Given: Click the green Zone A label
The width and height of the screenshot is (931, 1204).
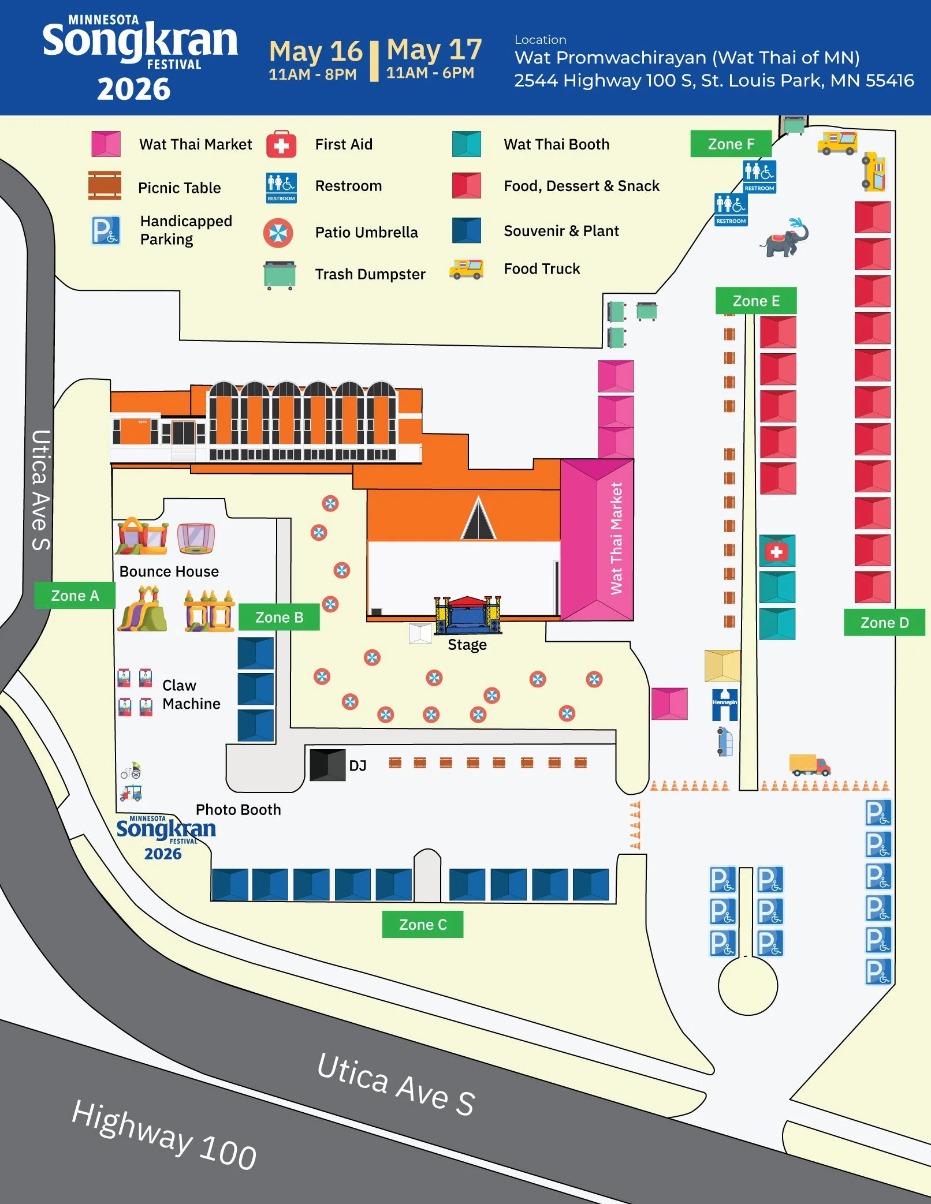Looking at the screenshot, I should tap(75, 596).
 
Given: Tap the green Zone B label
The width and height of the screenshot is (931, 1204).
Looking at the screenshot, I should tap(279, 617).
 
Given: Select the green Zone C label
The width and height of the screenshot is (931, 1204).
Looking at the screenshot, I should tap(423, 925).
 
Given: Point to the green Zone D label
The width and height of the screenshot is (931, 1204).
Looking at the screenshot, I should tap(884, 623).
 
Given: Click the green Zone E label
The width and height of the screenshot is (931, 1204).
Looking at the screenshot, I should tap(756, 301).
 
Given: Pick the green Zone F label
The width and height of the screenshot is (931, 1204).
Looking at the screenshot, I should tap(731, 144).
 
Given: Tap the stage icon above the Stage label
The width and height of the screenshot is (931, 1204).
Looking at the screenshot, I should tap(468, 615).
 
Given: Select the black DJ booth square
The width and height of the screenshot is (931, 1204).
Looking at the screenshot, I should tap(327, 765).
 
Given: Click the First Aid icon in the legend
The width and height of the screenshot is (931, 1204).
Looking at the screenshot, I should tap(281, 144).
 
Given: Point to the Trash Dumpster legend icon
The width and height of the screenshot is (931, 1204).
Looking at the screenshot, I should tap(280, 275).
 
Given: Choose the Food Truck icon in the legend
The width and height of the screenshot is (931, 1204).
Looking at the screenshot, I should tap(466, 269).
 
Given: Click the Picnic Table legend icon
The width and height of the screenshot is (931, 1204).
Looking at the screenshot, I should tap(105, 186).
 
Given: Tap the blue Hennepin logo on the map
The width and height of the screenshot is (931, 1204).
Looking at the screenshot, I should tap(725, 705).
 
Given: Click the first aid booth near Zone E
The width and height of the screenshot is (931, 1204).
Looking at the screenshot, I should tap(777, 551).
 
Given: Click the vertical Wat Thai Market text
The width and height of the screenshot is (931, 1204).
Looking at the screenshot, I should tap(616, 539).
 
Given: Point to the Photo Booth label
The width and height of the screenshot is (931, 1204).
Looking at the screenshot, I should tap(238, 810).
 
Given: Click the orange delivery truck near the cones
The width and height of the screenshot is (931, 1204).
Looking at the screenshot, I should tap(810, 765).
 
